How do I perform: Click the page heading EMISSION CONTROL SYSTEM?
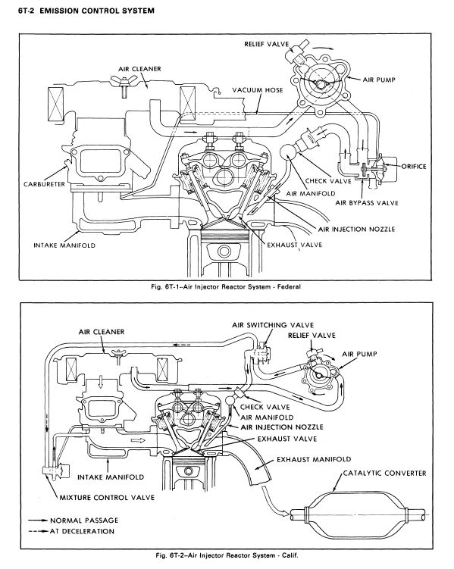(x=97, y=11)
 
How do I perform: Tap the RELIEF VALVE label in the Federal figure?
(x=266, y=44)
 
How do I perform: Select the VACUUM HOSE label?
(x=258, y=89)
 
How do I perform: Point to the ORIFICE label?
(x=414, y=167)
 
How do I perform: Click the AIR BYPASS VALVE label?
(x=367, y=203)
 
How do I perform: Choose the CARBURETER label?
(x=44, y=184)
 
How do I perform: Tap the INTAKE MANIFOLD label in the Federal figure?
(x=64, y=245)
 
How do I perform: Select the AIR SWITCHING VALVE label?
(x=273, y=325)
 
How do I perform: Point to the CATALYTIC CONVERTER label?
(x=385, y=474)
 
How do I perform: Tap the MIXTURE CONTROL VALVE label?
(x=107, y=498)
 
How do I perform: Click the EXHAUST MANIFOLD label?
(x=314, y=459)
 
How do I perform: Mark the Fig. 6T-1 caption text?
(x=226, y=286)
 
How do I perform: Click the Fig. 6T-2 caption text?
(x=227, y=555)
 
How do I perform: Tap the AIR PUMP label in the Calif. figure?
(x=360, y=354)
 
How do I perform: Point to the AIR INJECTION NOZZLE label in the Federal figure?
(x=356, y=230)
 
